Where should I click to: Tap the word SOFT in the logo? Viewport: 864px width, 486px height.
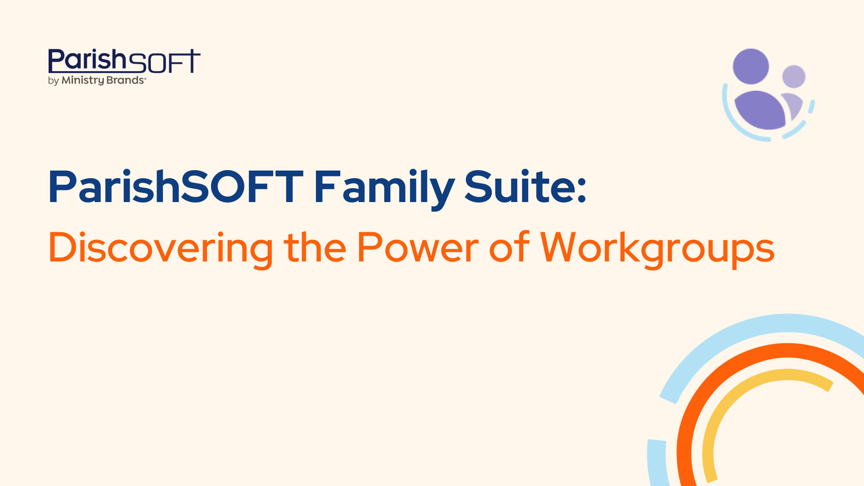coord(164,62)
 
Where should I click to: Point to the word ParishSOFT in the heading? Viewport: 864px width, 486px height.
coord(175,187)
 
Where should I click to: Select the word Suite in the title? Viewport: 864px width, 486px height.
coord(519,187)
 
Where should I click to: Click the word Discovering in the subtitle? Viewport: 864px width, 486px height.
coord(160,248)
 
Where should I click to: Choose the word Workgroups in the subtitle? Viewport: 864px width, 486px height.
coord(657,248)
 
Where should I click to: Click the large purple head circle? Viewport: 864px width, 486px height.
coord(751,67)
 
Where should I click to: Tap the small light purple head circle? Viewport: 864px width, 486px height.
coord(793,76)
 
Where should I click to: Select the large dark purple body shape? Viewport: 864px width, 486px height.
coord(760,110)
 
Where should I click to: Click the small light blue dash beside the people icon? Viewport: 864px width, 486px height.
coord(811,107)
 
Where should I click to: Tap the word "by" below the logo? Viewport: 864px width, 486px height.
coord(53,81)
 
